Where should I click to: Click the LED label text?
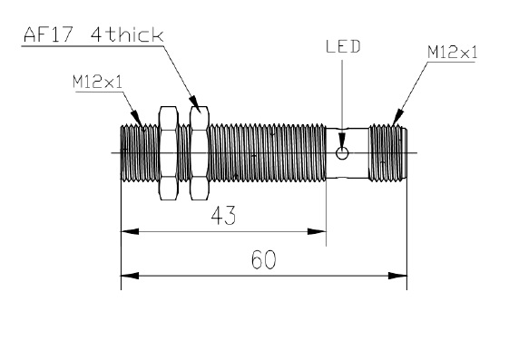pos(343,46)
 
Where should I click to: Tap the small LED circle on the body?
pos(342,152)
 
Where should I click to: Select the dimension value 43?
pos(223,216)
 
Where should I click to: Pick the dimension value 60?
pos(264,259)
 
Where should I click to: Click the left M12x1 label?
pos(98,82)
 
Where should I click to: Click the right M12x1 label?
pos(453,53)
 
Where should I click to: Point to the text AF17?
pos(48,34)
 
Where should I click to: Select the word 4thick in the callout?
pos(127,34)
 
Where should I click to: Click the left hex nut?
pos(168,152)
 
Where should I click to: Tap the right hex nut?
pos(200,152)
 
